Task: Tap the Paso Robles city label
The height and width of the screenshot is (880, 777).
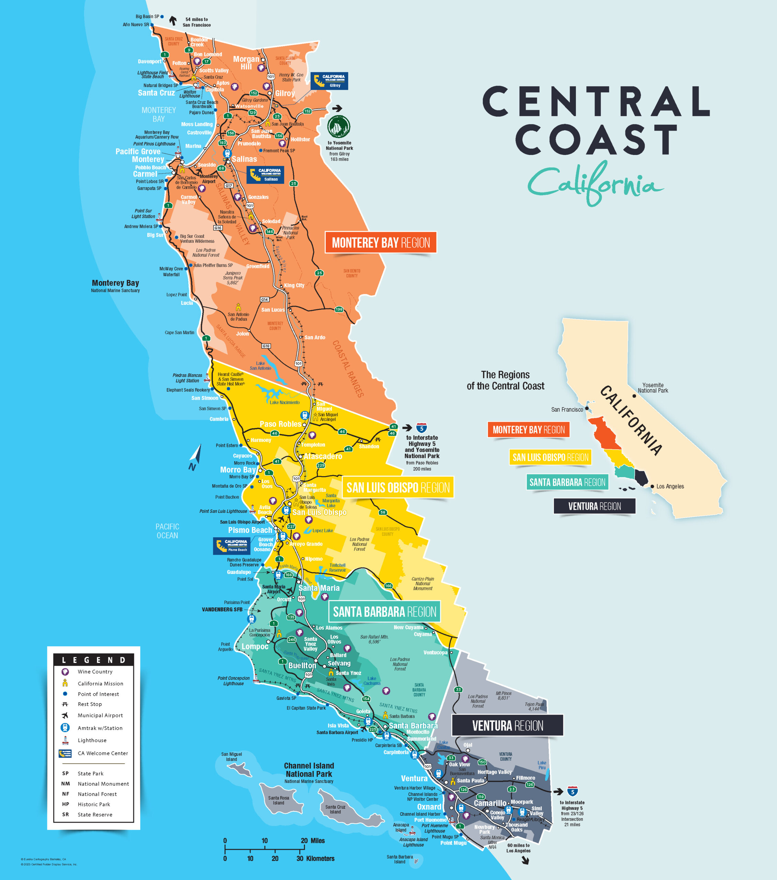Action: pos(280,424)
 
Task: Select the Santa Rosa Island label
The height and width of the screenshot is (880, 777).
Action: pos(278,800)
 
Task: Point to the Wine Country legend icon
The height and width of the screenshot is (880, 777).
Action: pos(65,672)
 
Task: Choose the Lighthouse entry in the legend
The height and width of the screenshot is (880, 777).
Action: pos(92,740)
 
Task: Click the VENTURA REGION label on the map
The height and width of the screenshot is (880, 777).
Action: pos(507,726)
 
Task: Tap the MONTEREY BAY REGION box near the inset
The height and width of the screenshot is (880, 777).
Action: pos(528,430)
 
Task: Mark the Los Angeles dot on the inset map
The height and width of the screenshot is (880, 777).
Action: pos(652,486)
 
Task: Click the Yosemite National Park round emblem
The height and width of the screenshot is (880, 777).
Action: pos(339,126)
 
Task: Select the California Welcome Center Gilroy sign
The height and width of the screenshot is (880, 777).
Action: pos(329,80)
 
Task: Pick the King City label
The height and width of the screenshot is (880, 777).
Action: pos(294,285)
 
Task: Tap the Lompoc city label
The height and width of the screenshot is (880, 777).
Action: pos(255,646)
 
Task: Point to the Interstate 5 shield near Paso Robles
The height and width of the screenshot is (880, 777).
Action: pos(421,428)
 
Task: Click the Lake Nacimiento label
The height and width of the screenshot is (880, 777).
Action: pos(285,402)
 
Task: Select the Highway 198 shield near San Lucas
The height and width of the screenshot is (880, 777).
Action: pos(339,309)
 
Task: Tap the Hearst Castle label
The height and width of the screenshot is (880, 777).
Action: pos(230,379)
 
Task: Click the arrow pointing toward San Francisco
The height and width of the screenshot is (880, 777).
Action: pos(173,20)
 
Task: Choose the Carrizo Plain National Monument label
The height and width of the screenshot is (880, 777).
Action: pos(423,583)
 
